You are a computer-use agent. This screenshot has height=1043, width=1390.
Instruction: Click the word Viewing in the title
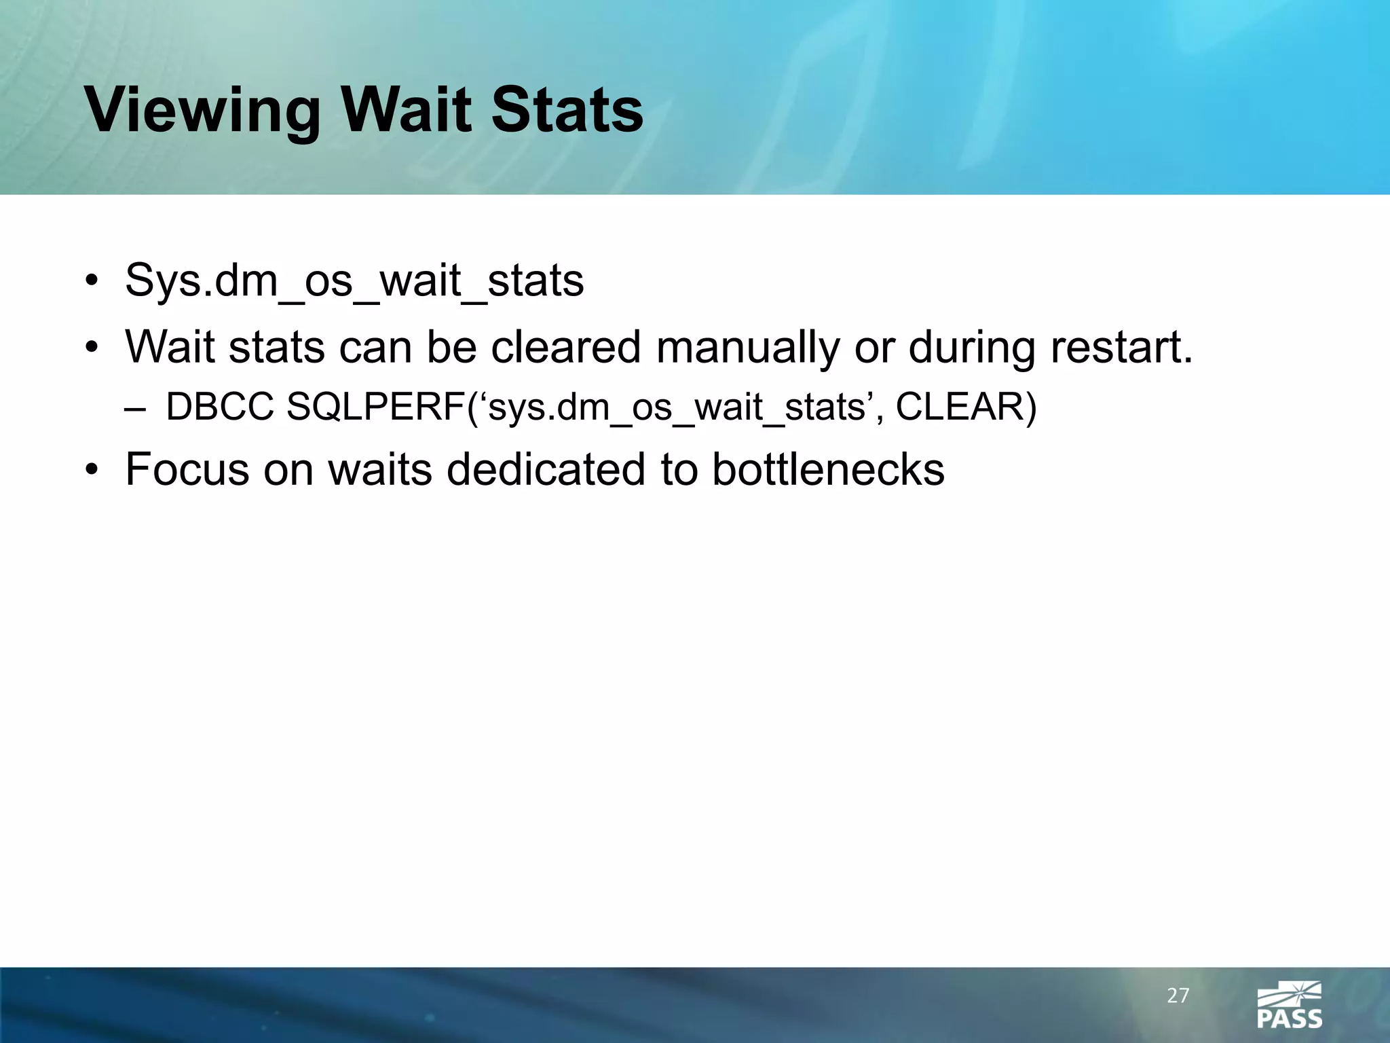(x=202, y=111)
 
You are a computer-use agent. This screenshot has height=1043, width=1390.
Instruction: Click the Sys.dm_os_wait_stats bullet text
(x=354, y=280)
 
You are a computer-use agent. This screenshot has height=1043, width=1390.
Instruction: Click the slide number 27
(x=1178, y=996)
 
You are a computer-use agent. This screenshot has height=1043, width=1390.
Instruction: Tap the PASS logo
(x=1290, y=1004)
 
